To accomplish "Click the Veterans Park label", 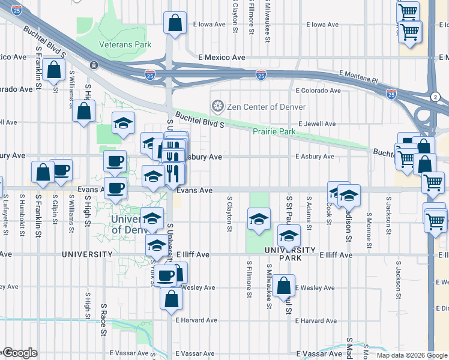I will click(x=125, y=44).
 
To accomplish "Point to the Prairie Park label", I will click(x=274, y=131).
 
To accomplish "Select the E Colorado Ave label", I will click(x=318, y=91).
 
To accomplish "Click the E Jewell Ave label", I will click(x=315, y=124).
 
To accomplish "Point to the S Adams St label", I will click(x=309, y=212).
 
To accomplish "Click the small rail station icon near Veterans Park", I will click(x=94, y=65).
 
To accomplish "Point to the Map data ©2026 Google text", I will click(x=411, y=355).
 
